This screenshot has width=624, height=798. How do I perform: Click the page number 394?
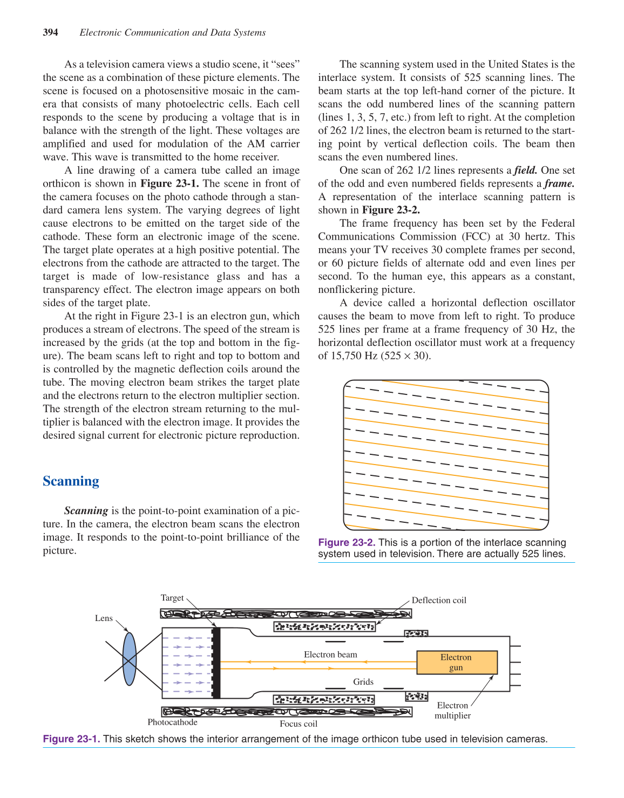(x=50, y=32)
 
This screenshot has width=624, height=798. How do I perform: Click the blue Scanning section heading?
(x=71, y=481)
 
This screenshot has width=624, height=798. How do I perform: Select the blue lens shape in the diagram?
(x=130, y=659)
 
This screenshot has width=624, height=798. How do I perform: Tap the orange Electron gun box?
(x=457, y=663)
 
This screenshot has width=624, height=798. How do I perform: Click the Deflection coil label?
(x=438, y=601)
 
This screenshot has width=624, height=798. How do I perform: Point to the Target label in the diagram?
(x=172, y=598)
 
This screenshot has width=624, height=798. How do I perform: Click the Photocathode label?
(x=172, y=722)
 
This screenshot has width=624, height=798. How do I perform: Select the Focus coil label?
(x=298, y=724)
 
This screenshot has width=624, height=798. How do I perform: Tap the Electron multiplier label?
(x=452, y=711)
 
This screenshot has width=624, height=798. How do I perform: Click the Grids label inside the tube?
(x=363, y=682)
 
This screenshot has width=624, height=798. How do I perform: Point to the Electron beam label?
(x=330, y=654)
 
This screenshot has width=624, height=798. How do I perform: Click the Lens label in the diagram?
(x=104, y=618)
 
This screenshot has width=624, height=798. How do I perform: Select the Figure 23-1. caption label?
(x=71, y=739)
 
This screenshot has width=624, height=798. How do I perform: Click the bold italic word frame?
(x=559, y=184)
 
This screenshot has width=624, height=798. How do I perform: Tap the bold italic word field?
(x=525, y=170)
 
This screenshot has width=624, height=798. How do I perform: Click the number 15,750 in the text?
(x=347, y=356)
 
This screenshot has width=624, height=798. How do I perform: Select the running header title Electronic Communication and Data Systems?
(x=172, y=32)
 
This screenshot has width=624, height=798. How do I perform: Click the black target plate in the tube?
(x=216, y=663)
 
